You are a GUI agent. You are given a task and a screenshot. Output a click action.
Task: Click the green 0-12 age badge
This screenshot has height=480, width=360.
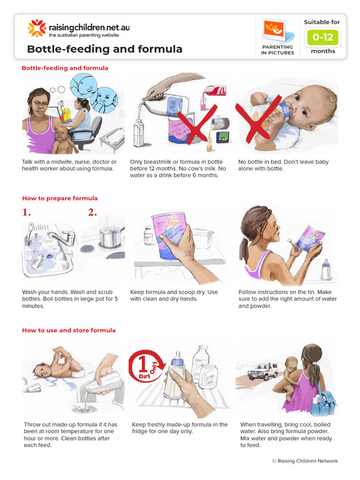point(322,37)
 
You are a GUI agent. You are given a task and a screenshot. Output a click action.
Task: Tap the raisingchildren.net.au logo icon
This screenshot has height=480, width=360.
point(37,28)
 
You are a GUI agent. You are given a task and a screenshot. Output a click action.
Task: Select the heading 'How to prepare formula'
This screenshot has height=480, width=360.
point(60,198)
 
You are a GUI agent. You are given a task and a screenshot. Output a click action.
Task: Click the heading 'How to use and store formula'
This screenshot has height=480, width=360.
point(68,330)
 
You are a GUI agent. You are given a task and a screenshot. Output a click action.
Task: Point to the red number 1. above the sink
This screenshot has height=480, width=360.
point(26,212)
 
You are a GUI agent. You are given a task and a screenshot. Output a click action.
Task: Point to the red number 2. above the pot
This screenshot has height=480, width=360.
point(92,212)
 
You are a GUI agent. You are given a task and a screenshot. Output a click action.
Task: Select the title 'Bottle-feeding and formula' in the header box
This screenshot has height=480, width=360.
point(105,49)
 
